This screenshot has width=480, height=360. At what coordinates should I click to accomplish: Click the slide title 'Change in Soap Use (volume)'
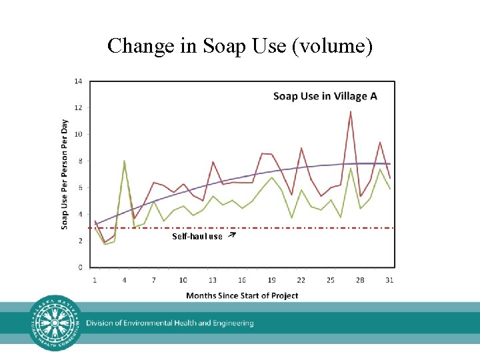point(240,45)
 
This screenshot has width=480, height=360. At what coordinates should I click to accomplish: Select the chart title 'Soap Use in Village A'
point(325,96)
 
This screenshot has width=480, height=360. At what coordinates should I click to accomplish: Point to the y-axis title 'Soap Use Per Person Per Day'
point(65,175)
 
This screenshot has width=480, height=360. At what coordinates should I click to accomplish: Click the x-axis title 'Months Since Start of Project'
point(242,295)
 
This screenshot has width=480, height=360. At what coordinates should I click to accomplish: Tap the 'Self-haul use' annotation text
point(197,237)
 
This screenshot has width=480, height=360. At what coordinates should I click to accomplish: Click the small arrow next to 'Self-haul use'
point(231,235)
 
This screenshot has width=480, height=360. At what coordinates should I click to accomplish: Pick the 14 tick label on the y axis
point(78,81)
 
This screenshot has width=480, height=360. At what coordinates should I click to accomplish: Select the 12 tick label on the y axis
point(78,108)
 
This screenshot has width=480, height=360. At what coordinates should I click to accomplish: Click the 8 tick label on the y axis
point(80,161)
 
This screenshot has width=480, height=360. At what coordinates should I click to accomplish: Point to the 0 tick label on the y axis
point(80,267)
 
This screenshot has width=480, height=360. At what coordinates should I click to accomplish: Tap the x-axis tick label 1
point(95,280)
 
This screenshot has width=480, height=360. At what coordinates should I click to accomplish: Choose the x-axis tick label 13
point(213,280)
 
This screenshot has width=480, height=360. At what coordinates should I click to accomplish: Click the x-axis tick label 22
point(301,280)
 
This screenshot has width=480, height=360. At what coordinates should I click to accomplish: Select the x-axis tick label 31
point(389,280)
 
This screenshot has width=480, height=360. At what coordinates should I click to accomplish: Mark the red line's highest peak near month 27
point(351,112)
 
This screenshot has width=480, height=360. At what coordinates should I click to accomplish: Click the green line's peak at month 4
point(124,161)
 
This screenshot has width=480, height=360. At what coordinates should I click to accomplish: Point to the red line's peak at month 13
point(213,162)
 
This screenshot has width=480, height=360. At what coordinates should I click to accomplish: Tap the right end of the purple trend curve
point(390,164)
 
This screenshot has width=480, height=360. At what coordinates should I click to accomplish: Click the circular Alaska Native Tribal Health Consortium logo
point(56,323)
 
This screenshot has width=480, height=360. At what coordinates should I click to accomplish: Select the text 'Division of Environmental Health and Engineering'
point(169,323)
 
